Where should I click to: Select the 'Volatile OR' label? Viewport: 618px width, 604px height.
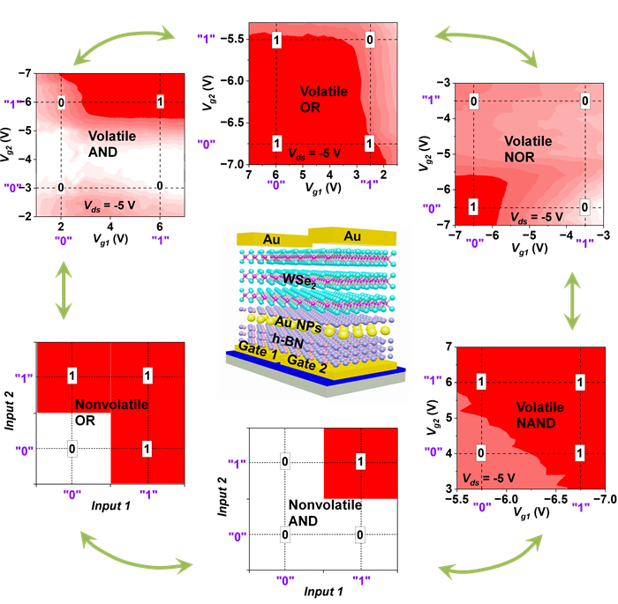pos(323,100)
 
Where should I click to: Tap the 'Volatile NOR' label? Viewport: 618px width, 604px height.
pos(528,149)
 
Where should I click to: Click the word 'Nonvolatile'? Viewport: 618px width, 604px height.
pos(111,405)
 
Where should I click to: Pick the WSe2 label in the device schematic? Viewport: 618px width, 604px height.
pos(303,280)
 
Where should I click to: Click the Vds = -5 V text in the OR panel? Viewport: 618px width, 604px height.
pos(316,152)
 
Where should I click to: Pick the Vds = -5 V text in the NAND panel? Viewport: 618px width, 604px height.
pos(487,478)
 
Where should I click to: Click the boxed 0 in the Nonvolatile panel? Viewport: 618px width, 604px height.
pos(72,450)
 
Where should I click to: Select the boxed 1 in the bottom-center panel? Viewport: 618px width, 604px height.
pos(359,461)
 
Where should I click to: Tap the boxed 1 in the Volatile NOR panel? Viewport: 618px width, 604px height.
pos(473,206)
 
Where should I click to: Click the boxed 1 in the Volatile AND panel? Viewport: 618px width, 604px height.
pos(160,102)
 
